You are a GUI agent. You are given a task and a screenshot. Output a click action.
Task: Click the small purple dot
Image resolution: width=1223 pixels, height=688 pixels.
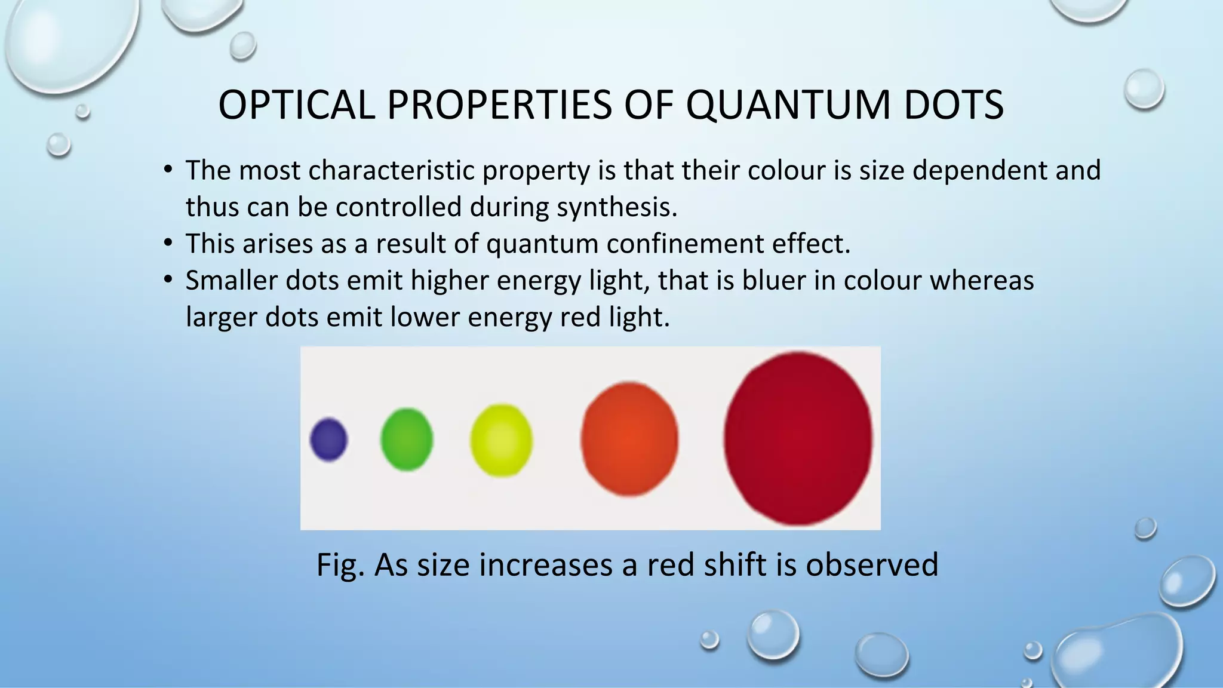point(328,440)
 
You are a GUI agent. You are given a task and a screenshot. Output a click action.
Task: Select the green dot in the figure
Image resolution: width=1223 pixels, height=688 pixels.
point(407,440)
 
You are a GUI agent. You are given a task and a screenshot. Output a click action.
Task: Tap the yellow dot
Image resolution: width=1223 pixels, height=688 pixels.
point(501,440)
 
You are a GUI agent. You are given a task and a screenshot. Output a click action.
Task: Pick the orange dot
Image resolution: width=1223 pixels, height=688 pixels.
point(629,439)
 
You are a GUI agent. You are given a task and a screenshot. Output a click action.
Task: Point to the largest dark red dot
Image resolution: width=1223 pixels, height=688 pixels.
point(798,438)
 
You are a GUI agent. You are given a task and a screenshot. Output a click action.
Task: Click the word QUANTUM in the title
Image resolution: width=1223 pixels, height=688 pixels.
point(788,105)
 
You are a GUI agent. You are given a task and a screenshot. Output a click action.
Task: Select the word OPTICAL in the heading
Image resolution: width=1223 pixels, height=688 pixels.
point(296,105)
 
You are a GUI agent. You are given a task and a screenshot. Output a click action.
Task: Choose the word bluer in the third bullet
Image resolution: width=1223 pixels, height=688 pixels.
point(774,280)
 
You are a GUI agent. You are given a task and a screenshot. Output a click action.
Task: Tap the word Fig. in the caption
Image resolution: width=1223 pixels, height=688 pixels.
point(339,564)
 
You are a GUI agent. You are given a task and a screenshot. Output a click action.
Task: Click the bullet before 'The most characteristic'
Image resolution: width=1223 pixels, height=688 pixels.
point(168,171)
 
